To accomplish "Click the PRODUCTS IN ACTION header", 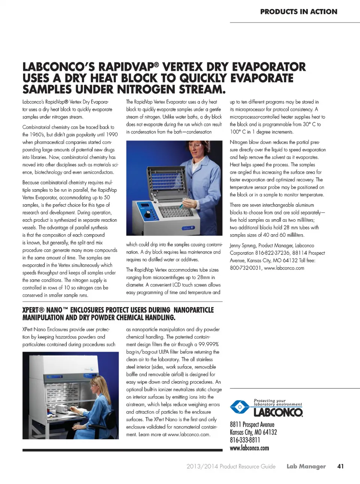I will [x=298, y=12].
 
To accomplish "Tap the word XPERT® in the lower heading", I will [x=33, y=310].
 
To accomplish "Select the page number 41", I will [x=340, y=466].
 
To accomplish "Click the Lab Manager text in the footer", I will [x=306, y=466].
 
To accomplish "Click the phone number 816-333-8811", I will [x=245, y=440].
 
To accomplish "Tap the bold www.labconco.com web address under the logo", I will [x=249, y=448].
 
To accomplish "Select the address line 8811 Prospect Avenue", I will [x=252, y=424].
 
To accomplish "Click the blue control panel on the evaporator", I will [x=145, y=209].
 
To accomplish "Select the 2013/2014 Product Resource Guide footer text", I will [x=231, y=466].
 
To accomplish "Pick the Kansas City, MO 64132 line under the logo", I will [x=253, y=432].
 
